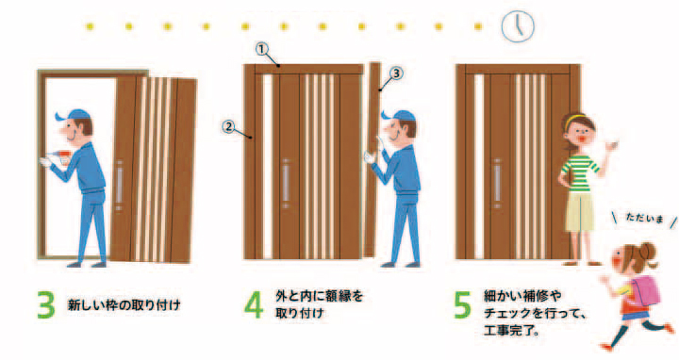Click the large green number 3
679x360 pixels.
pos(45,306)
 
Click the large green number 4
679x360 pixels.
pos(254,306)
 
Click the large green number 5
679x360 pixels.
pos(462,306)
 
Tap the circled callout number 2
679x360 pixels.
pos(228,124)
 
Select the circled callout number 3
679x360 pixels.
pos(396,73)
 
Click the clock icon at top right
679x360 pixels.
pos(515,25)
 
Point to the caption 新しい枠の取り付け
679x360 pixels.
pos(122,305)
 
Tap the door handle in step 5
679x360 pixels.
pos(496,180)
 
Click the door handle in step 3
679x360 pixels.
pos(120,186)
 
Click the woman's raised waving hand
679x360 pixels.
pos(610,146)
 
